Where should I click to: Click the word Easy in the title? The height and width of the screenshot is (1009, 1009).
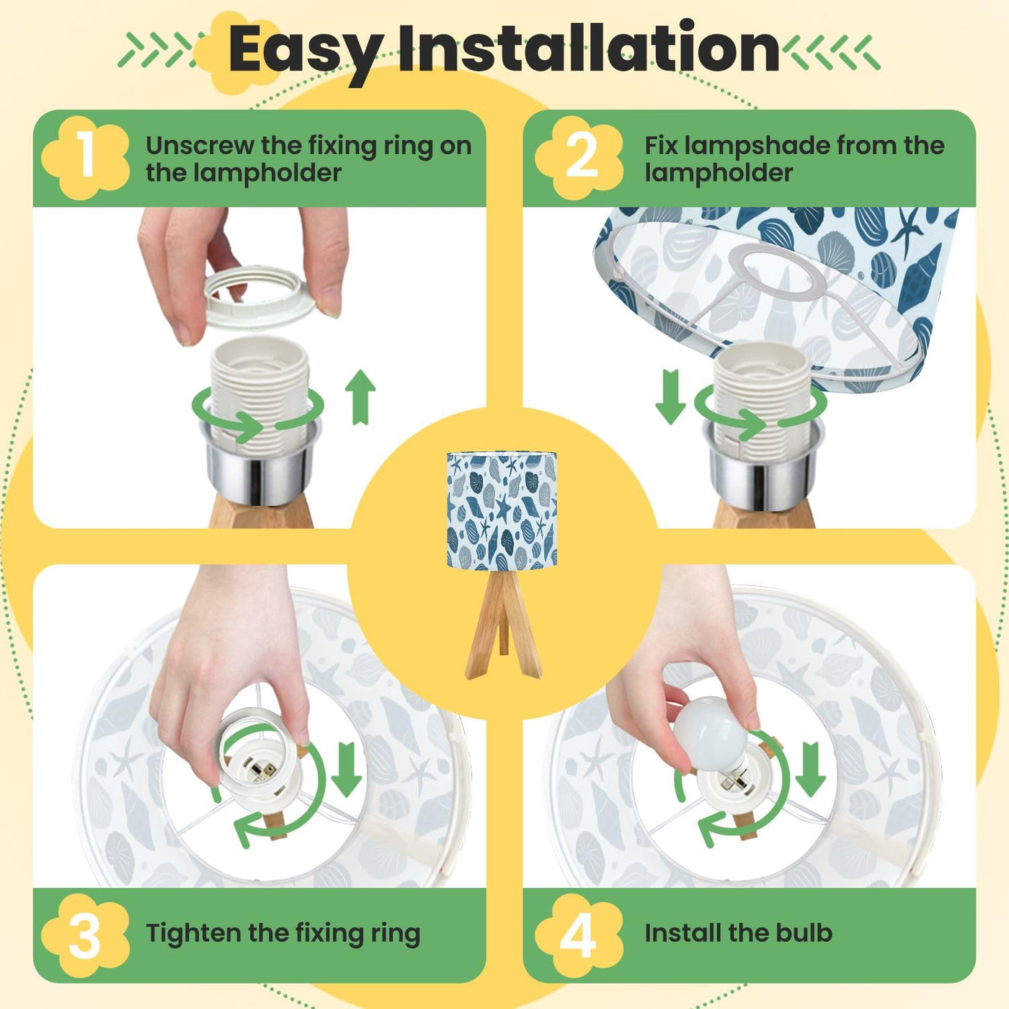tap(306, 51)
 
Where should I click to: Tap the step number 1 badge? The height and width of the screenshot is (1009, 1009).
tap(85, 158)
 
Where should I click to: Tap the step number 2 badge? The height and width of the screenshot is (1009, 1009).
tap(580, 158)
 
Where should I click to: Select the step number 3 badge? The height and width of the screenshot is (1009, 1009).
tap(85, 935)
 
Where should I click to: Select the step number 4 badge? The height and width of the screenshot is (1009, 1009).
tap(579, 935)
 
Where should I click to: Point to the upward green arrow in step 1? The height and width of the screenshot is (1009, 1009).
tap(360, 397)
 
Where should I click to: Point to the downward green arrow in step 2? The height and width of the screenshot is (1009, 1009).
tap(671, 397)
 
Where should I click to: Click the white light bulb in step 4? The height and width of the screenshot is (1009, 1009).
tap(711, 732)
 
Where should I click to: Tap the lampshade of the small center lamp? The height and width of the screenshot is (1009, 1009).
tap(502, 511)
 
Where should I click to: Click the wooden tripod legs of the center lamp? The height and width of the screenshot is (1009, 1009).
tap(503, 624)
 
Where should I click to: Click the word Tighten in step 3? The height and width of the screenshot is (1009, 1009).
tap(193, 934)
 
